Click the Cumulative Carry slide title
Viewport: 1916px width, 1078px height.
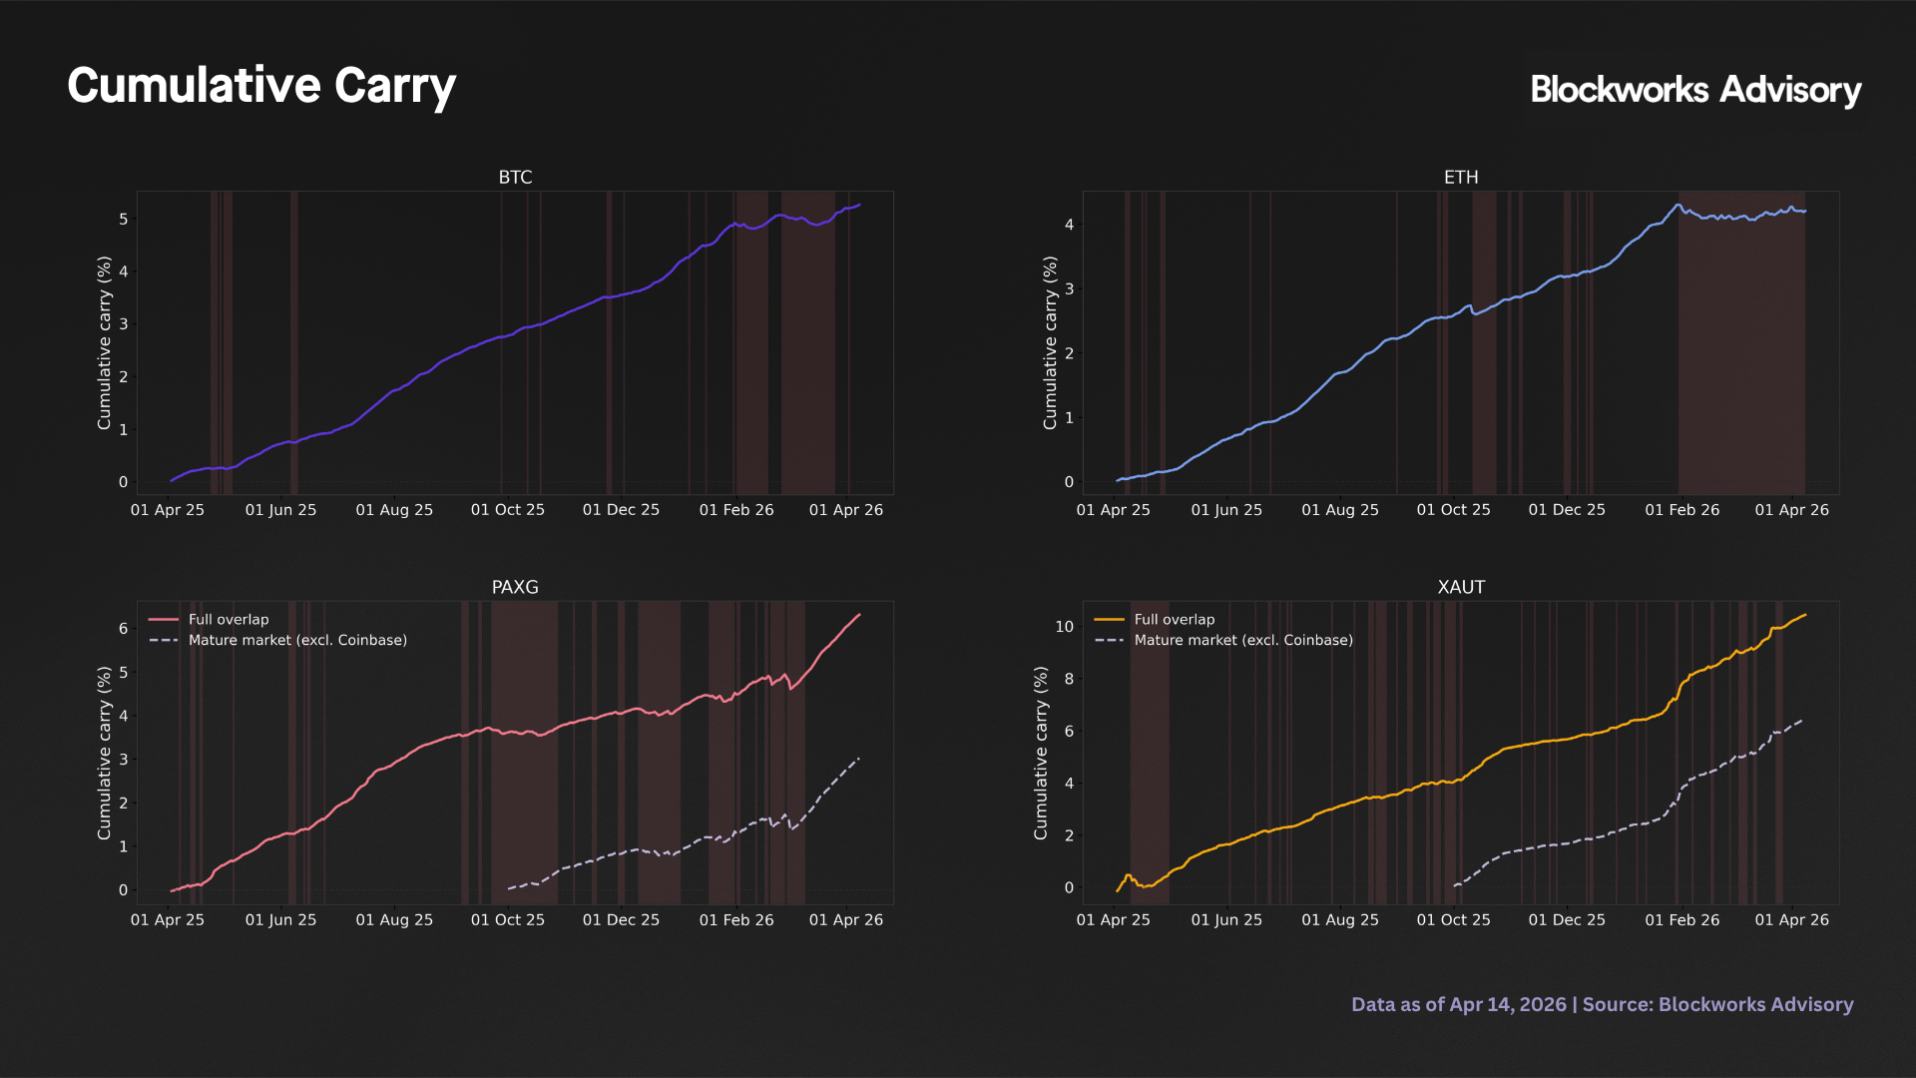pyautogui.click(x=261, y=86)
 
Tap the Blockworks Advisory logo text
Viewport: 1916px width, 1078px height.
pyautogui.click(x=1695, y=90)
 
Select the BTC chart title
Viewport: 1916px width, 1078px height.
pyautogui.click(x=515, y=177)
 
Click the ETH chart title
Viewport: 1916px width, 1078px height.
pyautogui.click(x=1461, y=177)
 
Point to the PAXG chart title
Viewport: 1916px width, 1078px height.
pyautogui.click(x=515, y=587)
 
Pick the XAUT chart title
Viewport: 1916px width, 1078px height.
pyautogui.click(x=1461, y=587)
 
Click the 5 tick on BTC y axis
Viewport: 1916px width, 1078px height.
pyautogui.click(x=124, y=219)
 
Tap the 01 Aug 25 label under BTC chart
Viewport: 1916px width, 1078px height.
pyautogui.click(x=394, y=510)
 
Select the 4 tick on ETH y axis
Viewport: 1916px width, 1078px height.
pyautogui.click(x=1070, y=225)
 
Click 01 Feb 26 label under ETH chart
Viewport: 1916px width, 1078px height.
pyautogui.click(x=1682, y=510)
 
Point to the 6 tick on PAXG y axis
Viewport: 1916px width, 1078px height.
pyautogui.click(x=124, y=628)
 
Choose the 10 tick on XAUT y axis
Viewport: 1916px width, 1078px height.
pyautogui.click(x=1065, y=627)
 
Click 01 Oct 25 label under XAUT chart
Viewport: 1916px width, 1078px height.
pyautogui.click(x=1453, y=920)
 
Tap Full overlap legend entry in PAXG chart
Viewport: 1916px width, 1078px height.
pyautogui.click(x=229, y=620)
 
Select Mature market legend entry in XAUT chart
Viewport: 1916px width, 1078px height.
pyautogui.click(x=1243, y=641)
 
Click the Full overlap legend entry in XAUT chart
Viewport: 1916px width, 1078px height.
pyautogui.click(x=1175, y=620)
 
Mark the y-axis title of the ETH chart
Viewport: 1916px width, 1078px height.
pyautogui.click(x=1050, y=343)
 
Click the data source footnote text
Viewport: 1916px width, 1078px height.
pyautogui.click(x=1602, y=1004)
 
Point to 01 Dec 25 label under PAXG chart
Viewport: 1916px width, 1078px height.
pyautogui.click(x=621, y=920)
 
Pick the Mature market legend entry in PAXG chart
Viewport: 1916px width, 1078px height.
pyautogui.click(x=297, y=641)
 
